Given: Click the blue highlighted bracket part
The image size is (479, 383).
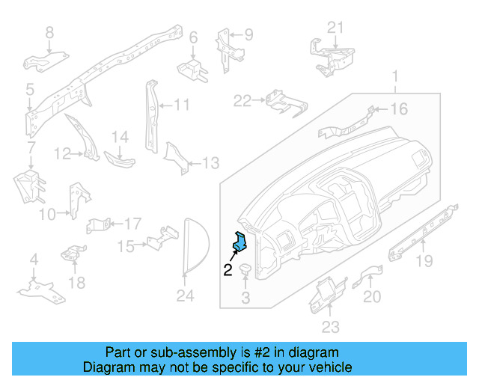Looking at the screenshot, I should coord(241,242).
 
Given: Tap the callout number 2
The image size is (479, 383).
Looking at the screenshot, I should coord(228,271).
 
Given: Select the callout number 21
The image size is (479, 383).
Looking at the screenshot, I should coord(336,28).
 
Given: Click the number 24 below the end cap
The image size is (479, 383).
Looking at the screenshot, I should coord(185,297).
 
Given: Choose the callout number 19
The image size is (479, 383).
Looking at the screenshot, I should coord(424,260).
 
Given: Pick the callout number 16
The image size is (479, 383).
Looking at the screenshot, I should coord(399,109).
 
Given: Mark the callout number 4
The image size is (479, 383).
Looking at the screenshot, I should coord(33,260).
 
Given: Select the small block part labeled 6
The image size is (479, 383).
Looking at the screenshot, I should coord(192,70).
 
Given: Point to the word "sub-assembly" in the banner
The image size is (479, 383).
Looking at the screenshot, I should coord(165,352).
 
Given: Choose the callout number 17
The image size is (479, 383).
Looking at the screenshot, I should coord(132,223).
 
